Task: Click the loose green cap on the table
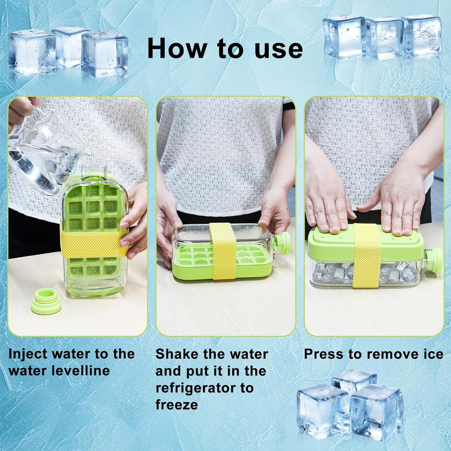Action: tap(45, 301)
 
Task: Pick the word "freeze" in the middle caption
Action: tap(176, 405)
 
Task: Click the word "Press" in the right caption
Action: tap(324, 354)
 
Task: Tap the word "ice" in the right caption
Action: tap(433, 354)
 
